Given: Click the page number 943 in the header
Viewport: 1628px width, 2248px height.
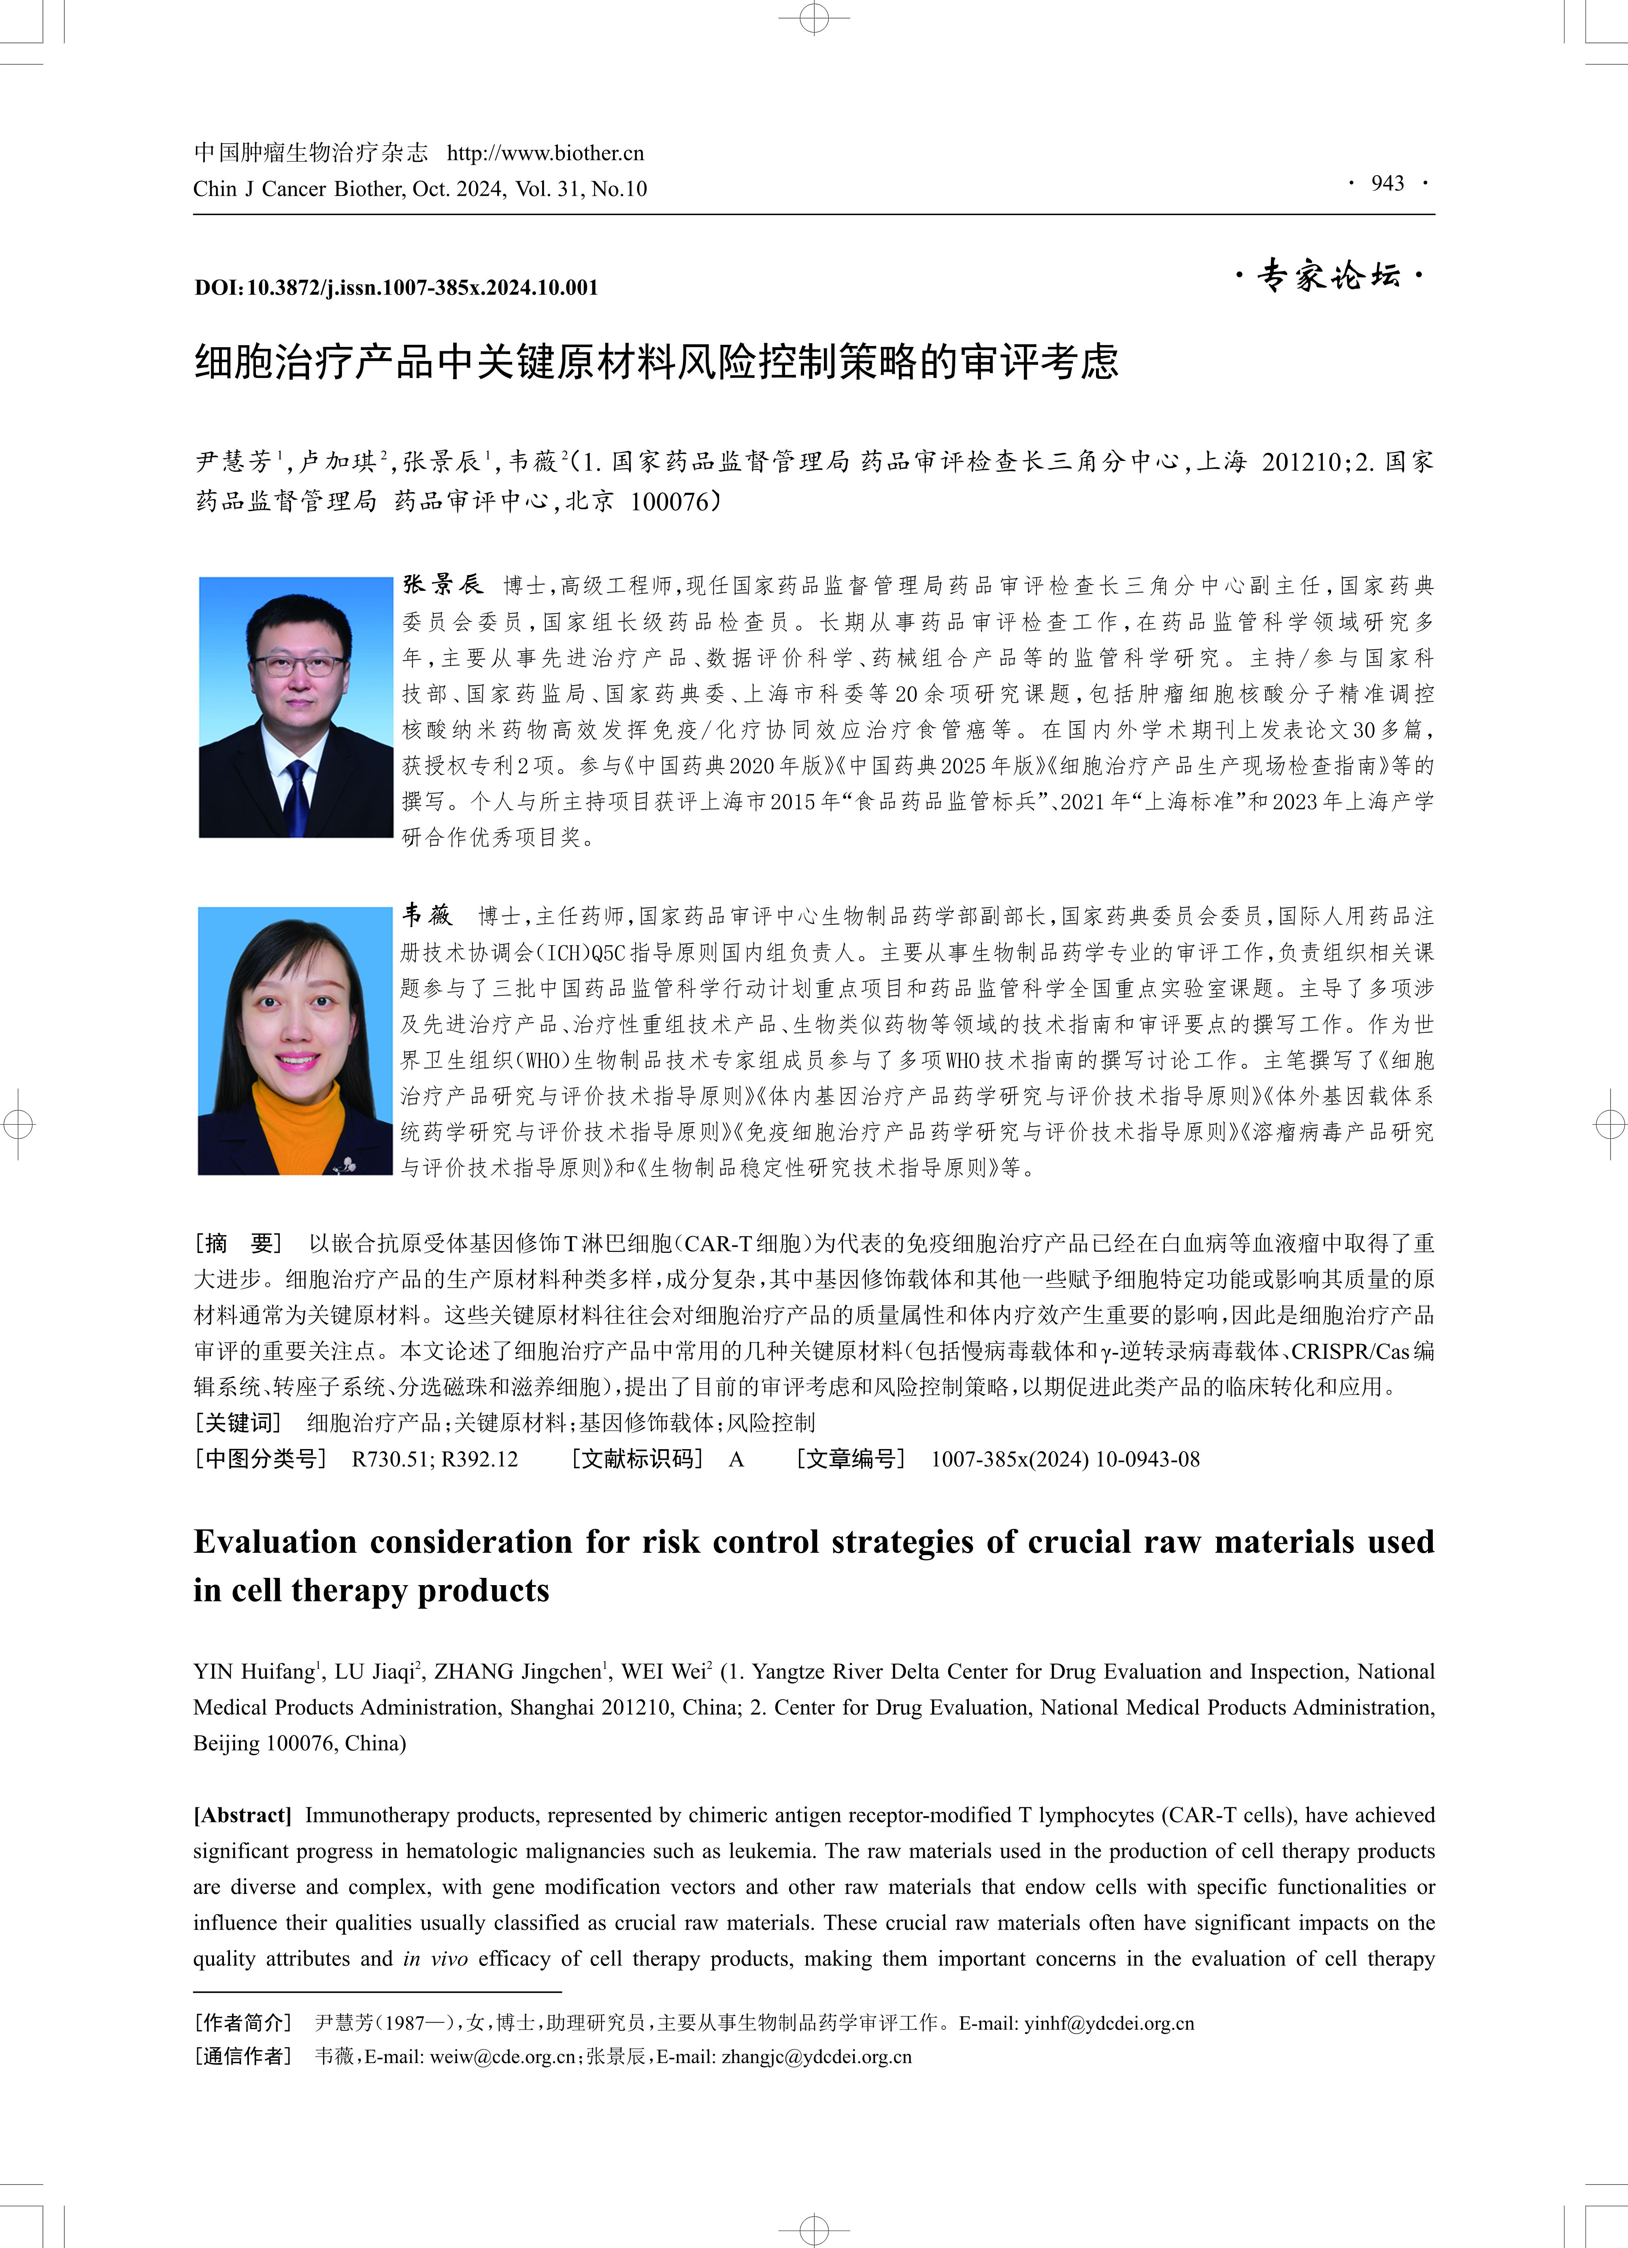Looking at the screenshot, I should [x=1387, y=183].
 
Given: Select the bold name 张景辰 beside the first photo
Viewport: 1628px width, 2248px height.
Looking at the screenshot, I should [x=442, y=585].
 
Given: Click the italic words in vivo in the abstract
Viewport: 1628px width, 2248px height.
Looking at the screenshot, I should [x=435, y=1959].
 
